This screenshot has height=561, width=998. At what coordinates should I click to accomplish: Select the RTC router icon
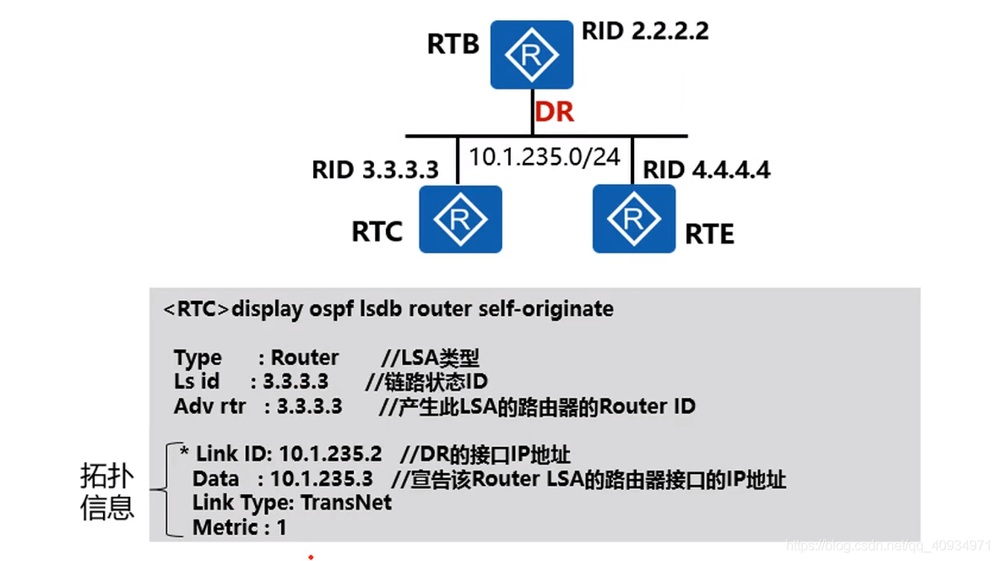pos(460,220)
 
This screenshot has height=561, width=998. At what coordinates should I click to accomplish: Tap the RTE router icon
pos(633,220)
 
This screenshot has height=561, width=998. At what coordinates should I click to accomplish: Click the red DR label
pos(554,112)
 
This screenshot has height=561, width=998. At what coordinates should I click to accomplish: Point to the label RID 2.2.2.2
pos(645,32)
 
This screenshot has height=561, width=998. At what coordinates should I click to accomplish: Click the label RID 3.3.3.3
pos(375,170)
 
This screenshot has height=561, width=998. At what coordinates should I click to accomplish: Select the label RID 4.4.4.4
pos(707,170)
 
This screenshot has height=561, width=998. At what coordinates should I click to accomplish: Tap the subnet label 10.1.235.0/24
pos(545,157)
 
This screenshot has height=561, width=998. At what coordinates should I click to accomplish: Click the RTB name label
pos(453,44)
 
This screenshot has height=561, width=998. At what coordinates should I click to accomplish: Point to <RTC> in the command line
pos(196,309)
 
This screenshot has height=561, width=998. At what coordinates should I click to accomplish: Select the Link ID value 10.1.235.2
pos(331,455)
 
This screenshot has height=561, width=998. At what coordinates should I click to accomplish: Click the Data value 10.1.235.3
pos(321,479)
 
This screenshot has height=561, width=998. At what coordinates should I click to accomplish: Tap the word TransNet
pos(348,504)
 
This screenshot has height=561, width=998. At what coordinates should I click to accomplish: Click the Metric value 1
pos(282,528)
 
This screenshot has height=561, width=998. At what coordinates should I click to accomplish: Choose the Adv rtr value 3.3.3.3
pos(309,406)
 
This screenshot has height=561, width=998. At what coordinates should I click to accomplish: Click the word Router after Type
pos(305,357)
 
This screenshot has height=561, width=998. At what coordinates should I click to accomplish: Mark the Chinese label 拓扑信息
pos(107,492)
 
